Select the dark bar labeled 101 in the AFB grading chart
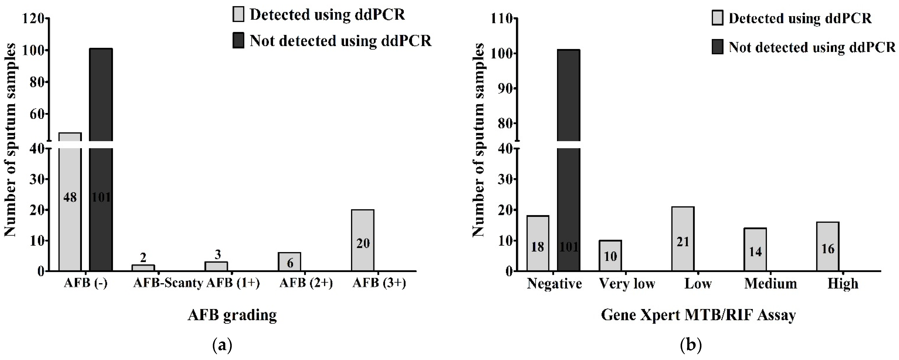pos(101,175)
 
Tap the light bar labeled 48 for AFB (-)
pos(70,210)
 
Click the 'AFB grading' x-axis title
pos(232,315)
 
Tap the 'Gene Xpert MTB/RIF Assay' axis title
pos(698,315)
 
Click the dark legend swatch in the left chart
pos(238,41)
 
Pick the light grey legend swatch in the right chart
pos(718,18)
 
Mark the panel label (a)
pos(222,346)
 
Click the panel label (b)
pos(691,346)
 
